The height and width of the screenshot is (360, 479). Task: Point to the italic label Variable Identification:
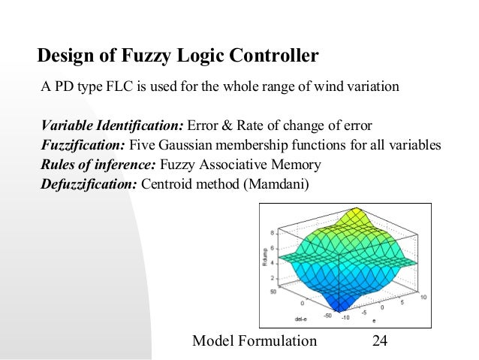112,125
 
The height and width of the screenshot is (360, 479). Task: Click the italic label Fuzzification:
83,145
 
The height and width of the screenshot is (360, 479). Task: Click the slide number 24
380,341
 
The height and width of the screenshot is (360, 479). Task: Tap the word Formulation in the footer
282,341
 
